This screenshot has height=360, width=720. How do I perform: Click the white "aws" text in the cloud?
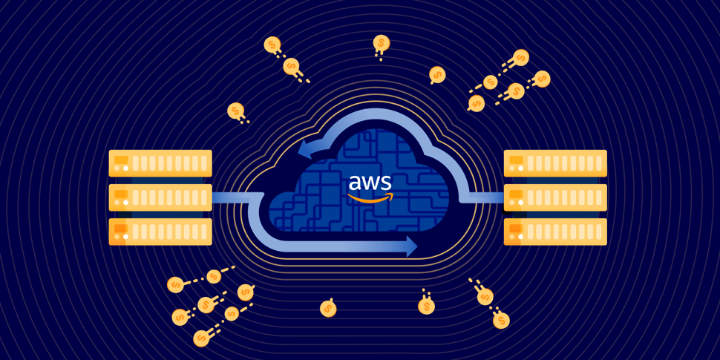click(370, 183)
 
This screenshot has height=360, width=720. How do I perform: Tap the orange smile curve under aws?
click(370, 198)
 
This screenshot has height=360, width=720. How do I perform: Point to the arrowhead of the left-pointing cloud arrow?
click(304, 148)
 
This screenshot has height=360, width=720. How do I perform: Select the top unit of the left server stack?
click(160, 163)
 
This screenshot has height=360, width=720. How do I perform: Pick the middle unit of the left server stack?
click(160, 197)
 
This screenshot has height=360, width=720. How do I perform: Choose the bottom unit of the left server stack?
click(160, 232)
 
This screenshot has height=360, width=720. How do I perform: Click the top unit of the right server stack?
click(555, 163)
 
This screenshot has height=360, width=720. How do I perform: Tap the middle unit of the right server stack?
click(555, 197)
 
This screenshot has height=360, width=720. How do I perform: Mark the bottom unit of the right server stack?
click(555, 232)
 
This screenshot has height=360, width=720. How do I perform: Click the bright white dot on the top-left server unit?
click(125, 168)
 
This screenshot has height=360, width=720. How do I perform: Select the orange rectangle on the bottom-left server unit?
click(121, 228)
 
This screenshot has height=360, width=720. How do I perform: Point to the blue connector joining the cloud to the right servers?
click(486, 197)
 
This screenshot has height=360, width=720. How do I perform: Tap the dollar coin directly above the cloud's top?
click(381, 43)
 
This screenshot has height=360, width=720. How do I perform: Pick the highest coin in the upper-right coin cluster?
click(521, 57)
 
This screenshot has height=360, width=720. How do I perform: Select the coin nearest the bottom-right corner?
click(501, 320)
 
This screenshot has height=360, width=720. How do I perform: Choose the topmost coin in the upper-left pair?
click(272, 45)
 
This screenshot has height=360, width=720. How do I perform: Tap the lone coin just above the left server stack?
click(235, 110)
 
